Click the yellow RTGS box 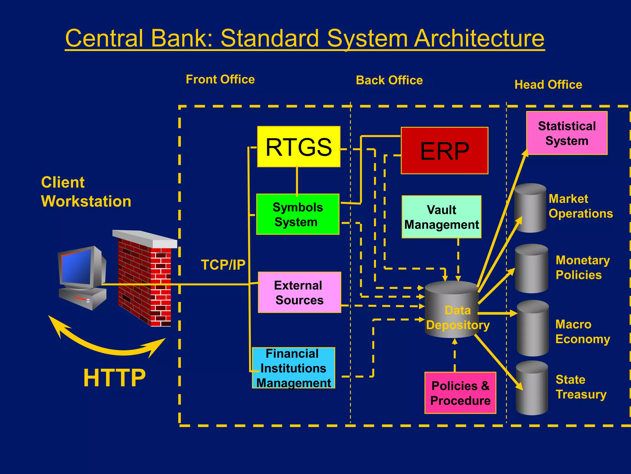(299, 147)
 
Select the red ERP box (444, 151)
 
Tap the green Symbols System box (298, 214)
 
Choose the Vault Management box (441, 217)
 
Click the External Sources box (299, 293)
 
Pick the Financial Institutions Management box (293, 368)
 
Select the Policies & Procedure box (460, 393)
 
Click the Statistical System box (567, 133)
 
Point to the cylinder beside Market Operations (530, 208)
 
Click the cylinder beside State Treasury (532, 388)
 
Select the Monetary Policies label (582, 268)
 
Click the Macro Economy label (582, 332)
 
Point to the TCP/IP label (223, 265)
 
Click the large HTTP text (114, 378)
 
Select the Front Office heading (220, 80)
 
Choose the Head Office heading (548, 85)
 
